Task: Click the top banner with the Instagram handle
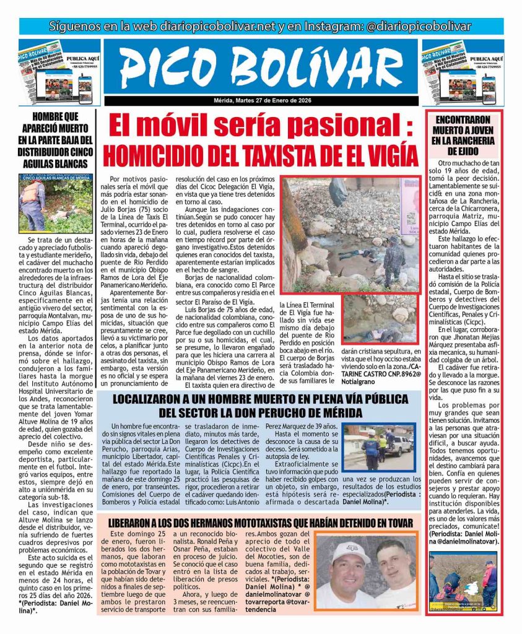click(261, 26)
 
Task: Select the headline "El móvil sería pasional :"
click(261, 127)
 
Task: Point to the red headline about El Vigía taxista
click(261, 152)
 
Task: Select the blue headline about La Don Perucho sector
click(261, 405)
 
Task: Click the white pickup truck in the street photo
click(399, 445)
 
